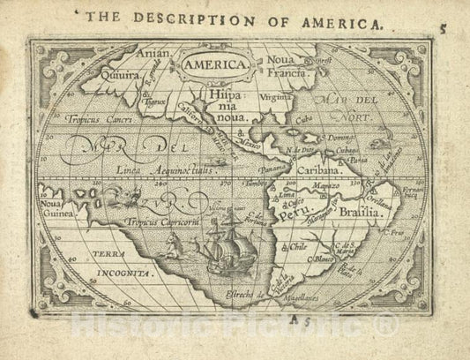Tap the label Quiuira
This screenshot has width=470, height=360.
click(119, 76)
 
